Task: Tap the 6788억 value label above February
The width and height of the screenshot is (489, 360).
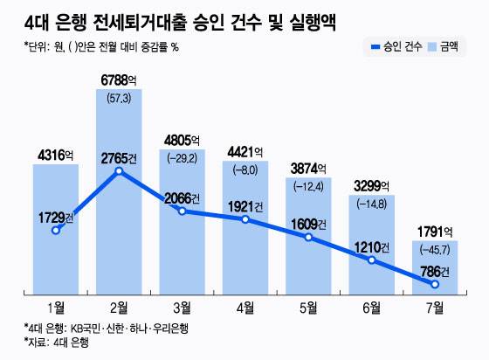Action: tap(118, 80)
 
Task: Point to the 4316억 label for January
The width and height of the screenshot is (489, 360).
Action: tap(55, 156)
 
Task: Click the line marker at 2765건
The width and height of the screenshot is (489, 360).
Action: tap(119, 170)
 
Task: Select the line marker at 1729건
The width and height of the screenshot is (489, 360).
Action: tap(56, 231)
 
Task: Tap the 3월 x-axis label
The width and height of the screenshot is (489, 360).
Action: tap(182, 307)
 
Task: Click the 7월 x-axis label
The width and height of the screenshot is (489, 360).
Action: tap(434, 307)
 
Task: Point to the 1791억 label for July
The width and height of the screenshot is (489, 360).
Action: tap(434, 232)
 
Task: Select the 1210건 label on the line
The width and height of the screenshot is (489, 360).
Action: tap(371, 246)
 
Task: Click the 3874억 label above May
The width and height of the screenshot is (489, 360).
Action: tap(308, 168)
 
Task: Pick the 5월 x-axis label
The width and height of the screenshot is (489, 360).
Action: tap(308, 307)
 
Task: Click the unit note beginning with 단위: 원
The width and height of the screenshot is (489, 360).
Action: tap(90, 46)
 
